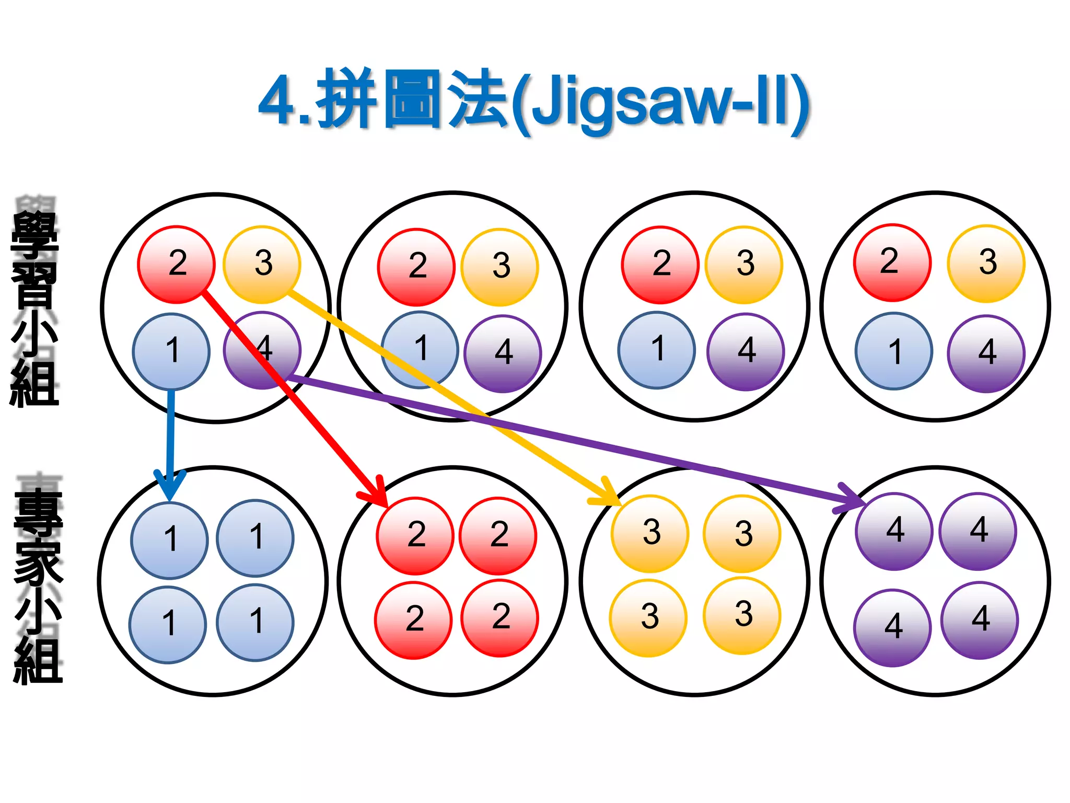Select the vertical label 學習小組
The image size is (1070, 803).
(34, 308)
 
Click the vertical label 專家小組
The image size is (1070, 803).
(38, 586)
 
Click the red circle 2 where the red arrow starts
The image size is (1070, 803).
(176, 264)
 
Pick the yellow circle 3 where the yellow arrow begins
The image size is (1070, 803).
(262, 264)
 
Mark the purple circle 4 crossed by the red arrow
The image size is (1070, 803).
(262, 350)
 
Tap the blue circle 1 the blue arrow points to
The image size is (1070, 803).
(169, 540)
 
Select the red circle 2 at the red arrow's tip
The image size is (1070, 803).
(415, 535)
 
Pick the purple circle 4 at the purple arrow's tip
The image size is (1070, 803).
(894, 531)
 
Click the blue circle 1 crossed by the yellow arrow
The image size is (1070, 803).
(420, 349)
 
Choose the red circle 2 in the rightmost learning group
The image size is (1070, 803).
(892, 262)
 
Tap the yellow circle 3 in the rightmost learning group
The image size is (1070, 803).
(986, 263)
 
